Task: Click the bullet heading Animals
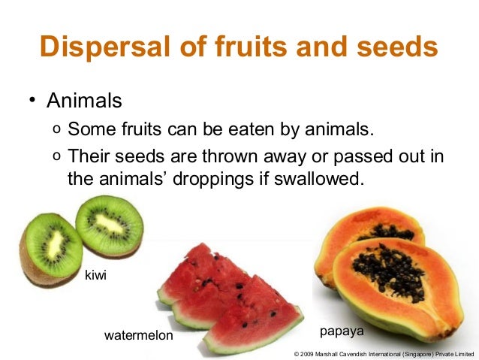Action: point(84,100)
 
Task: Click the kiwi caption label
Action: point(95,276)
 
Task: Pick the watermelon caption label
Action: point(138,335)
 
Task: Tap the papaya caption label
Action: point(342,331)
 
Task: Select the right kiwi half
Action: point(110,225)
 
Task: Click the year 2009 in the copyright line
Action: point(309,353)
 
